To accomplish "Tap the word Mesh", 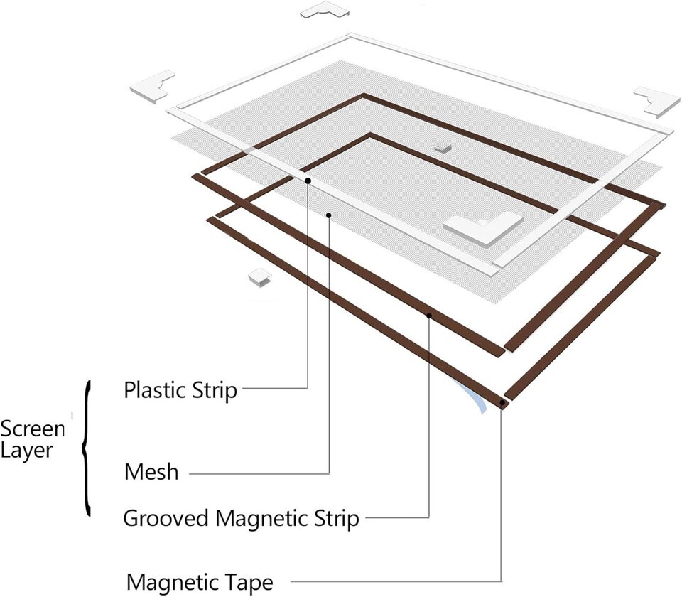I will (x=151, y=471).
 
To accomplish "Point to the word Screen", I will (x=33, y=429).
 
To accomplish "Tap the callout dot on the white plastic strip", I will (x=308, y=181).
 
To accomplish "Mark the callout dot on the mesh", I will (x=329, y=213).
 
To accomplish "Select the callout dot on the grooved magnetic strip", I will (x=429, y=315).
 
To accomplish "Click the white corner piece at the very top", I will (x=325, y=10).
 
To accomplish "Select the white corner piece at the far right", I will (x=656, y=100).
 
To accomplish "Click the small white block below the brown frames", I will (x=259, y=276).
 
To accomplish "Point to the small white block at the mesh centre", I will (x=442, y=146).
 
